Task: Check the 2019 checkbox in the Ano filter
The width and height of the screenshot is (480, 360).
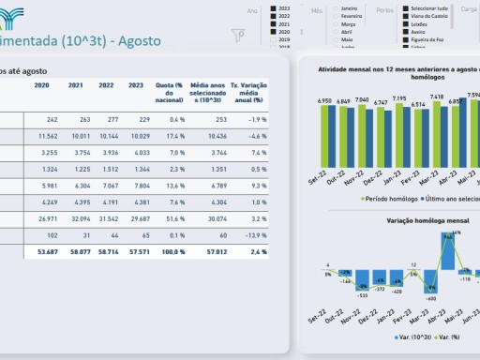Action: tap(274, 40)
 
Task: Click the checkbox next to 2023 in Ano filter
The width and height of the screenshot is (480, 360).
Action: tap(274, 7)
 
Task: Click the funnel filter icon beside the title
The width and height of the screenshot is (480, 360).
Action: tap(238, 37)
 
